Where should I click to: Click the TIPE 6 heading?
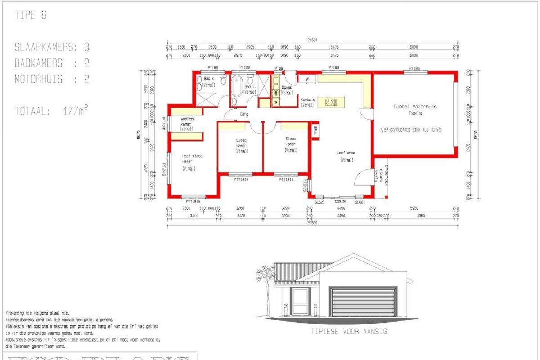pyautogui.click(x=31, y=16)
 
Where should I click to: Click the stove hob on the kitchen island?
pyautogui.click(x=330, y=102)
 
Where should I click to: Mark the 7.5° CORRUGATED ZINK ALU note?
pyautogui.click(x=411, y=130)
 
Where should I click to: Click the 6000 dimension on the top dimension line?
pyautogui.click(x=414, y=47)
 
